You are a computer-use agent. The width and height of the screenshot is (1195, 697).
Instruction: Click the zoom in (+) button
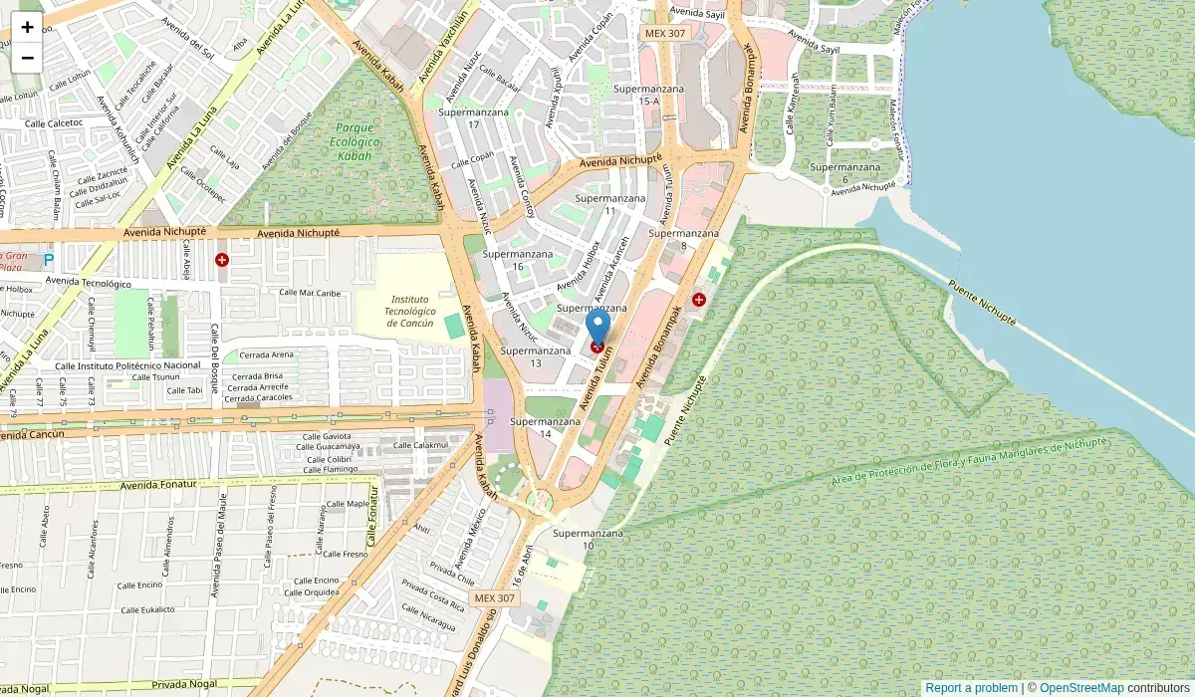point(27,27)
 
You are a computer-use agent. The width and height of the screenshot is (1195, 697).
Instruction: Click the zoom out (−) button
point(27,57)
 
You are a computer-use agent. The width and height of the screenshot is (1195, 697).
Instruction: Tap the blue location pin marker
point(597,329)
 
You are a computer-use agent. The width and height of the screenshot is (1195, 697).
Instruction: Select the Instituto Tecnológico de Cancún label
point(410,311)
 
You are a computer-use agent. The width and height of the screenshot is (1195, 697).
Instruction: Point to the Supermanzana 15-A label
point(648,95)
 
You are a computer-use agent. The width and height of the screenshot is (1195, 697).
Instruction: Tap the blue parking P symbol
point(48,261)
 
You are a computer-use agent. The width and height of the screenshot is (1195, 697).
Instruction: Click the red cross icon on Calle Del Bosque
point(221,260)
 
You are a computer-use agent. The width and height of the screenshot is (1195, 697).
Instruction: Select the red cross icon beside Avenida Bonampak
point(699,299)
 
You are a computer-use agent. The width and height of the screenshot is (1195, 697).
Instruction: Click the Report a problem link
point(971,688)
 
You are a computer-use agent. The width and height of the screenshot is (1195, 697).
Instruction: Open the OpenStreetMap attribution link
point(1081,688)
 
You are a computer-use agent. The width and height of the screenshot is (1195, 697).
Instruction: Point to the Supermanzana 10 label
point(588,539)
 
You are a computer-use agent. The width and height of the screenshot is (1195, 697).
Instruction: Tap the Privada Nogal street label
point(185,686)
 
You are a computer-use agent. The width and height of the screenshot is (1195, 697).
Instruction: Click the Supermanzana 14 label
point(545,427)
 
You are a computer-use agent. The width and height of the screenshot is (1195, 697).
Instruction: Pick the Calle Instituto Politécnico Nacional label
point(128,366)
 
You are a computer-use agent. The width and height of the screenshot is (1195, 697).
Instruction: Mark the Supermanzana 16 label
point(517,260)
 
